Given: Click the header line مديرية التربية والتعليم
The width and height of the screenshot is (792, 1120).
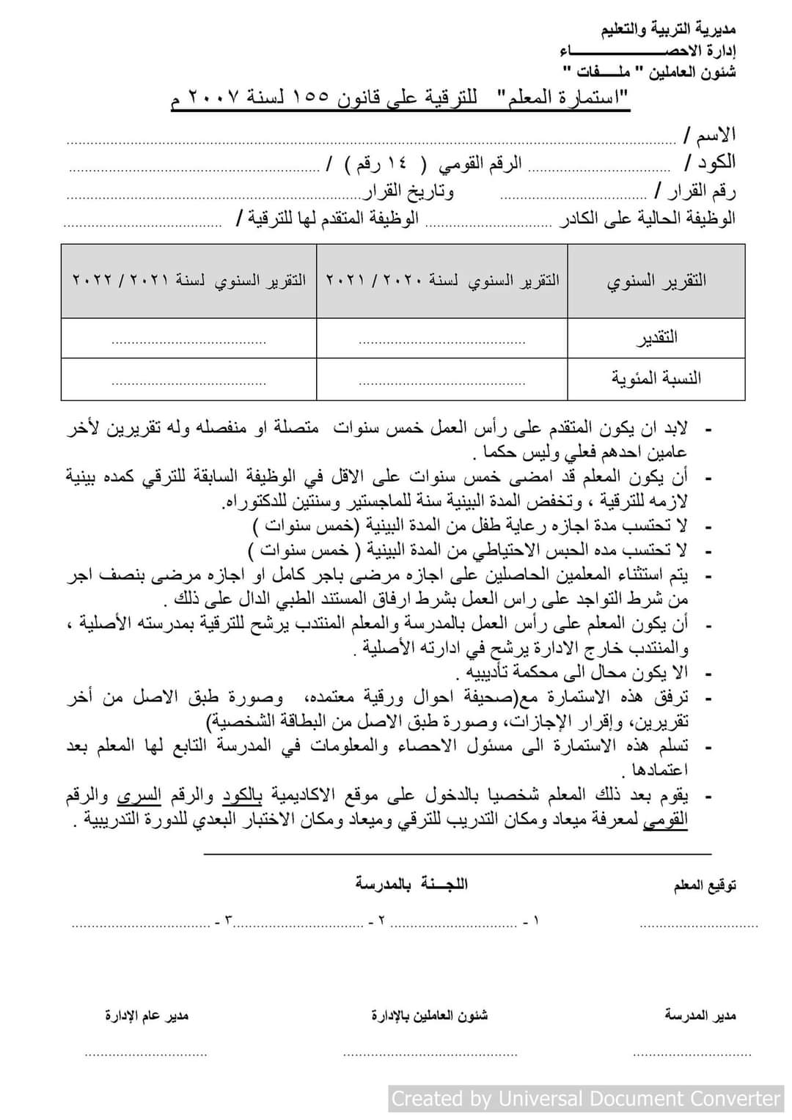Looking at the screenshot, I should coord(668,30).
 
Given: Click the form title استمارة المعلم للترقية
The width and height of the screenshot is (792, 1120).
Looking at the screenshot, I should coord(400,99).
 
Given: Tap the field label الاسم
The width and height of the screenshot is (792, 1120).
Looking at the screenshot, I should coord(708,136).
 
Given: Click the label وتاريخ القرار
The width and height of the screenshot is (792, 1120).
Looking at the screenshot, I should coord(409,192).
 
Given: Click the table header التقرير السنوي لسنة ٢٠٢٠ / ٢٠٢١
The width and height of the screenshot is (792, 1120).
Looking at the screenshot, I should coord(442,281).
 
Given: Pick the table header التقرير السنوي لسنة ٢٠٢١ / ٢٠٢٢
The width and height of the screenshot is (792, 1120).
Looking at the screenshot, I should coord(189,281).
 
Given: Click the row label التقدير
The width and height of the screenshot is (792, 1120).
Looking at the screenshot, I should coord(656,338).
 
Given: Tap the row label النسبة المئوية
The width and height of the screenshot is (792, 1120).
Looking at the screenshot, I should coord(656,378).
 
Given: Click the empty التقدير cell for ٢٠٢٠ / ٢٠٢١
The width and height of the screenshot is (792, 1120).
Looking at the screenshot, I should coord(442,339).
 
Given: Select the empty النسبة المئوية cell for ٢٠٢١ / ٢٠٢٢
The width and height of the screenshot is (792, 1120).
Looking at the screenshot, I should coord(189,380).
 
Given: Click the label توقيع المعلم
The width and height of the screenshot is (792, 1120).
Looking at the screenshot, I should coord(705,885).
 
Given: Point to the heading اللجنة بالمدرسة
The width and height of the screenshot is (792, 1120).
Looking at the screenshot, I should coord(411,883).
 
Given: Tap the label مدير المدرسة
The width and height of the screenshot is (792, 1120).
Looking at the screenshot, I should coord(700,1015).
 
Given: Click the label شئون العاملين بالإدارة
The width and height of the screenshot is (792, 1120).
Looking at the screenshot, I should coord(430,1015).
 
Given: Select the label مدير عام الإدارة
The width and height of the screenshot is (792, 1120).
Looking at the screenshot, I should coord(147,1015).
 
